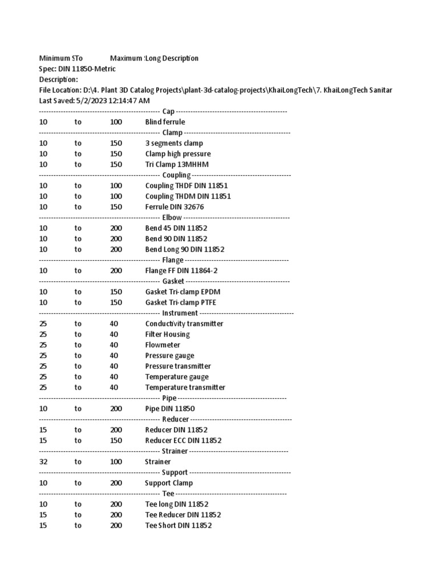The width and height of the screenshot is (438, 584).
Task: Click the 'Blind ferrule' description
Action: pos(165,122)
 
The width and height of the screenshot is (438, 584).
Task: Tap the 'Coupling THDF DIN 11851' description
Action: pos(186,186)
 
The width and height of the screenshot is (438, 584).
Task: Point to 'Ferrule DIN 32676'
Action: pos(175,207)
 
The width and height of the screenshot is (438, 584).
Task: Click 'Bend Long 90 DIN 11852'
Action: pos(184,249)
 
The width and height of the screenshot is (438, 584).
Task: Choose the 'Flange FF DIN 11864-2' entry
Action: pos(181,271)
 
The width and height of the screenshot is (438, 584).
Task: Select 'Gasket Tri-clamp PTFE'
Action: pos(181,302)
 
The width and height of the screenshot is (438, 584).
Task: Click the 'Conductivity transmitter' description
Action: pos(184,324)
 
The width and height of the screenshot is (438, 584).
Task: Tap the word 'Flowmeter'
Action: pos(163,345)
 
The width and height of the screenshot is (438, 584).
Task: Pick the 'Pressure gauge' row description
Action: pos(169,356)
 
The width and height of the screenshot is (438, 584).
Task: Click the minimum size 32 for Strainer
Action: pos(43,462)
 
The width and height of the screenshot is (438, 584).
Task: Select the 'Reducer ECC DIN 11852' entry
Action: pos(183,440)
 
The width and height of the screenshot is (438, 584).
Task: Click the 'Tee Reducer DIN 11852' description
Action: pos(183,515)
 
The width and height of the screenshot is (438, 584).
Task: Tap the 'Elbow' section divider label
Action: pos(172,218)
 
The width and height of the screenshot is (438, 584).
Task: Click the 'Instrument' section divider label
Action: pos(180,313)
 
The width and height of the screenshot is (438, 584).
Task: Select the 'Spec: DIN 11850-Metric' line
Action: pos(77,69)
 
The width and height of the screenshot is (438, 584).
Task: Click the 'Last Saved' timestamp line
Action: pos(94,100)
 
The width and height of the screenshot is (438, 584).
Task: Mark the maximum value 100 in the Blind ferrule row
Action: pos(116,122)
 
